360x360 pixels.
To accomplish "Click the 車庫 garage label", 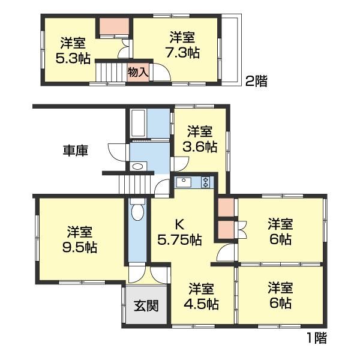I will tap(76, 151).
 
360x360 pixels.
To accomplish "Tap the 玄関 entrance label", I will tap(146, 306).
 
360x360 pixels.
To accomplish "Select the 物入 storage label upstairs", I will tap(138, 72).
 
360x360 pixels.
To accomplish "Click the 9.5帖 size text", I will tap(79, 246).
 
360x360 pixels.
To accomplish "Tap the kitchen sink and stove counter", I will tap(193, 182).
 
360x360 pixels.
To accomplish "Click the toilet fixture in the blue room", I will tap(137, 212).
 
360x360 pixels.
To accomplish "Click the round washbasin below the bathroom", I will tap(137, 166).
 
